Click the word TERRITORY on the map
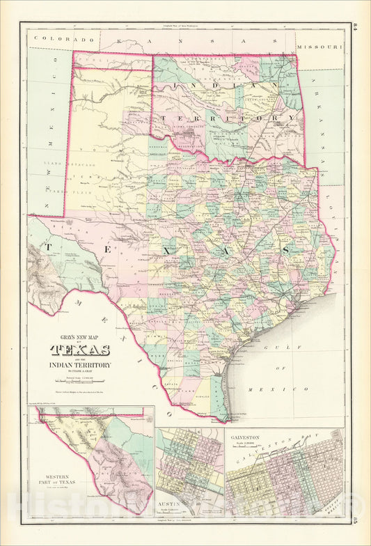pyautogui.click(x=228, y=119)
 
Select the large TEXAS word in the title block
pyautogui.click(x=79, y=350)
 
